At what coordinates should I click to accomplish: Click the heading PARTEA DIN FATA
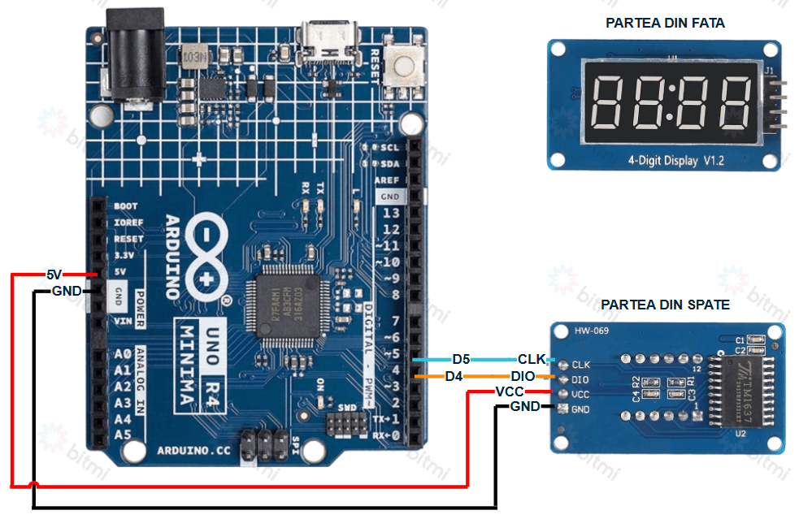point(665,23)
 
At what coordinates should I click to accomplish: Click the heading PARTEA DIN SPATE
point(665,305)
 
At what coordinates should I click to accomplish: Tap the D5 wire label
point(461,359)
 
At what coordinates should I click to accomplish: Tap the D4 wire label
point(454,376)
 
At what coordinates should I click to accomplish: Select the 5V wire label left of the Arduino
point(54,275)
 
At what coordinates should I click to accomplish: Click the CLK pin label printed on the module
point(580,365)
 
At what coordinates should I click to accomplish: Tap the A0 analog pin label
point(123,354)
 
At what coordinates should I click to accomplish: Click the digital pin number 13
point(391,213)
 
